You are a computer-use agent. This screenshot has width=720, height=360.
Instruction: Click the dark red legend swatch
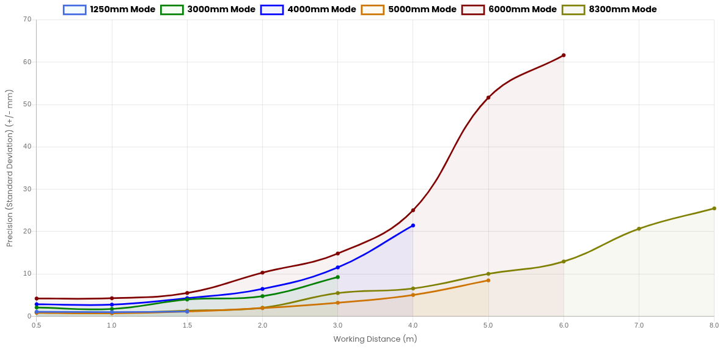point(472,10)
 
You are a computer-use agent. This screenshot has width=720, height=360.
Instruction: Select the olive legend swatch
point(573,10)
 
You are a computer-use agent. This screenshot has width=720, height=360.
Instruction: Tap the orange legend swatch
point(372,10)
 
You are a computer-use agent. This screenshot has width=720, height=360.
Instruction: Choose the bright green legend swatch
point(172,10)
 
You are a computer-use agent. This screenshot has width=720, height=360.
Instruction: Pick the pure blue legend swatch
point(272,10)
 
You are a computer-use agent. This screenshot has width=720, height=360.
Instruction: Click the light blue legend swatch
point(75,10)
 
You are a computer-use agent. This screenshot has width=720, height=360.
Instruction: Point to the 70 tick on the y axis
point(27,20)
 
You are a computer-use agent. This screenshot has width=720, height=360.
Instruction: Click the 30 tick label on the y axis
point(27,189)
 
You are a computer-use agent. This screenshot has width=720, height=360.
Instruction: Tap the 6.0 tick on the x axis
point(564,325)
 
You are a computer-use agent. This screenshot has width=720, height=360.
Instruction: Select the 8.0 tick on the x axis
point(713,325)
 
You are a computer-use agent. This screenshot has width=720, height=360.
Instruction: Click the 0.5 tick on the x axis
point(36,325)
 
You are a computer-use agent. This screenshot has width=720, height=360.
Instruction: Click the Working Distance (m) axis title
point(375,339)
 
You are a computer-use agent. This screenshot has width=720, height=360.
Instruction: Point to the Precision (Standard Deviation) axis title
point(10,167)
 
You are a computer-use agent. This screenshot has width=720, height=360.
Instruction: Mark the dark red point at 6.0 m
point(564,56)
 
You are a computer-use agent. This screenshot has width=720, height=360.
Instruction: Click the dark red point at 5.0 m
point(488,97)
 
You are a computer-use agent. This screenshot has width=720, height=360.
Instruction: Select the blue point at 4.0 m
point(413,226)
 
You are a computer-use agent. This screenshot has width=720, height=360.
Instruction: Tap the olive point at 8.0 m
point(714,208)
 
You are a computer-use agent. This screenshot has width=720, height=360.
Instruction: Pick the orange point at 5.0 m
point(488,280)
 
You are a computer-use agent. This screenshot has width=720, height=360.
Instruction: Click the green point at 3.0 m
point(337,277)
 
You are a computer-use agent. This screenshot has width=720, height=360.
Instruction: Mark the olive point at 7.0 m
point(639,229)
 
